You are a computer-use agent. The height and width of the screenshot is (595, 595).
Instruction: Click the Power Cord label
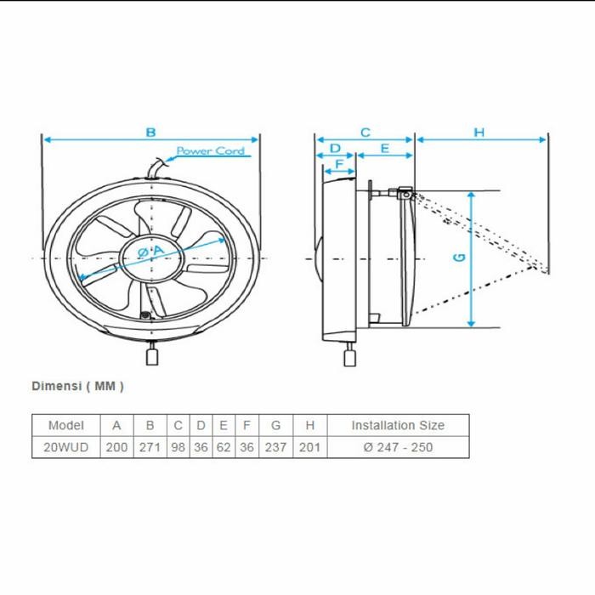[x=210, y=151]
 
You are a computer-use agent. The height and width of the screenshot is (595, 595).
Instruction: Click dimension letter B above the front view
[x=150, y=132]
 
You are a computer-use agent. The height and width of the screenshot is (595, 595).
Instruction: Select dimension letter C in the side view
[x=365, y=132]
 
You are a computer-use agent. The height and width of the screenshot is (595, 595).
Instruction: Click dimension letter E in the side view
[x=384, y=148]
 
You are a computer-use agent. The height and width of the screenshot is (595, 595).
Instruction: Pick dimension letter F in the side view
[x=339, y=163]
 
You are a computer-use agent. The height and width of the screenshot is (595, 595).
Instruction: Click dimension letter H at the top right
[x=479, y=132]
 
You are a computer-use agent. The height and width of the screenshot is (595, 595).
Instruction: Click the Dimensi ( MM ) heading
[x=77, y=385]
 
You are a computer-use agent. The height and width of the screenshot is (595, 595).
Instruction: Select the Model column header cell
[x=66, y=425]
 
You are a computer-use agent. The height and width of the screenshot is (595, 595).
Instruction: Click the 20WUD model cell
[x=66, y=447]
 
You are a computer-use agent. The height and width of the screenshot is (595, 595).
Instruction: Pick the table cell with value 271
[x=150, y=447]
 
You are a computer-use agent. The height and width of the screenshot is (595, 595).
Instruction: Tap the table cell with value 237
[x=275, y=447]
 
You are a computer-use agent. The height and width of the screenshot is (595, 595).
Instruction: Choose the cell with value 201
[x=309, y=447]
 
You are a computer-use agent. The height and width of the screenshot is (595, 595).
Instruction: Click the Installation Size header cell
[x=397, y=425]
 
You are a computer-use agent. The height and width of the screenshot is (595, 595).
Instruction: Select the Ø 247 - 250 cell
[x=397, y=447]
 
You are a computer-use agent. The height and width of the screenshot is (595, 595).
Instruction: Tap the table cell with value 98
[x=178, y=447]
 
